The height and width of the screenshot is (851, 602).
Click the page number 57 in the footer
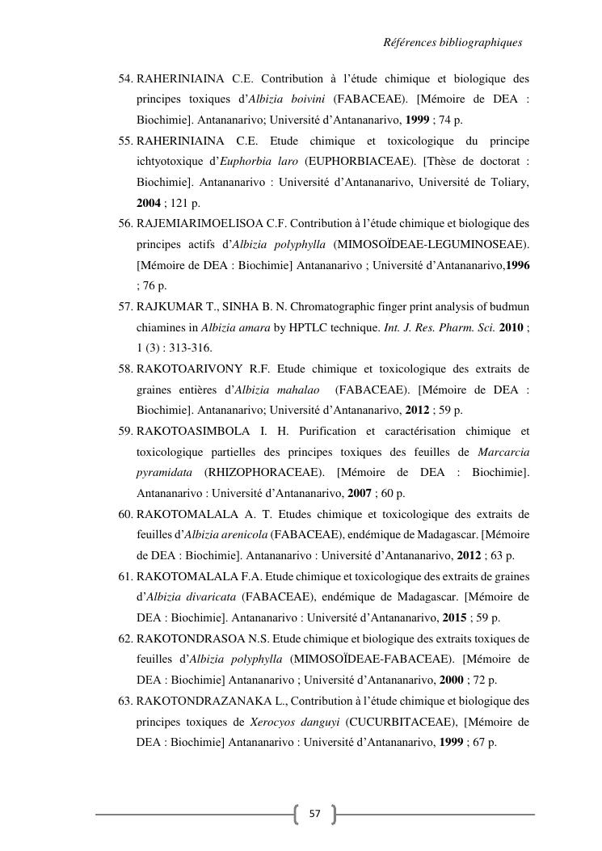click(314, 814)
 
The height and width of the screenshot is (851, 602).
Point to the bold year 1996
click(517, 264)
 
